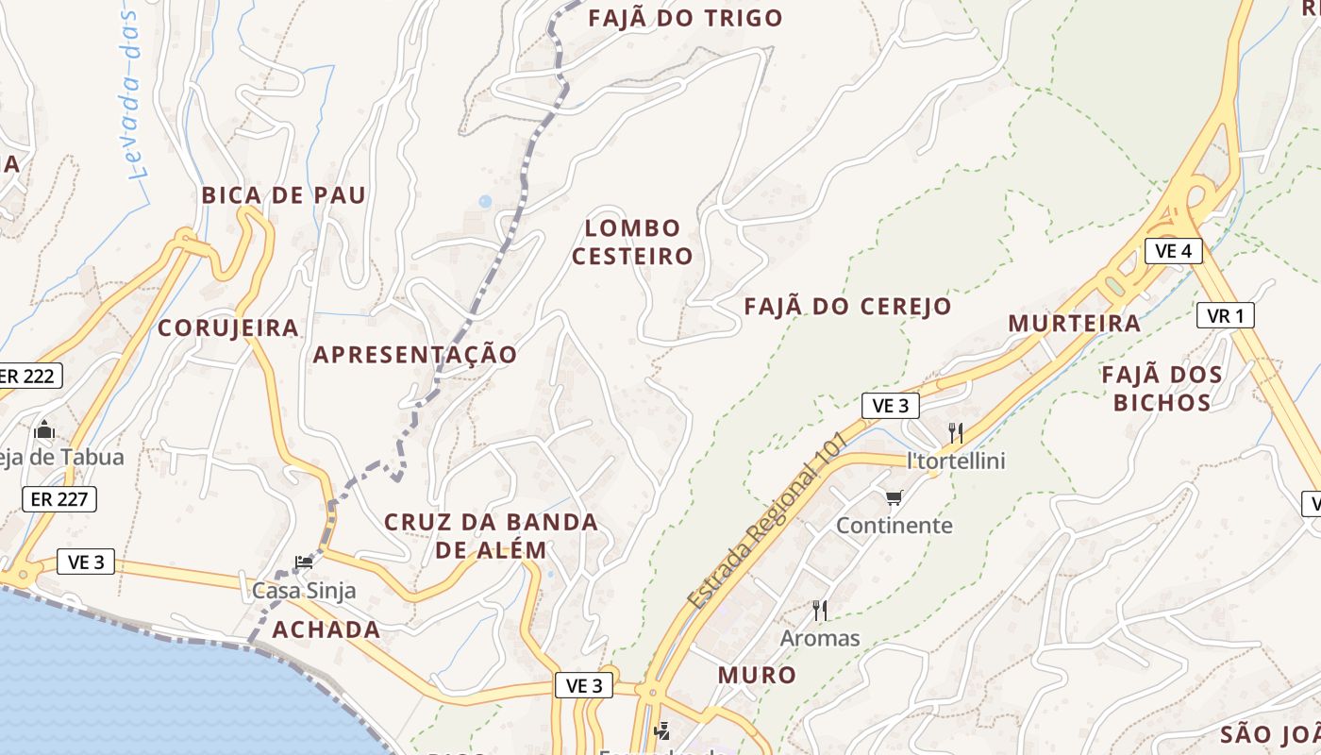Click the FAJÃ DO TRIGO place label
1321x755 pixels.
685,18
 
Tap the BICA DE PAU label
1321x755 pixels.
283,195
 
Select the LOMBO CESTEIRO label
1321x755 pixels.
632,242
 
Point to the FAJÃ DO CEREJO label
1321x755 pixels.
847,307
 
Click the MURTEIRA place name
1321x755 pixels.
1074,324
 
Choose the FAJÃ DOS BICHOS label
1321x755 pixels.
1162,389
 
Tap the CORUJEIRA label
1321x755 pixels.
227,328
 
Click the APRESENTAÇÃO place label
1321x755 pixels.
415,355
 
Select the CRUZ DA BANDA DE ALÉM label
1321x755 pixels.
491,536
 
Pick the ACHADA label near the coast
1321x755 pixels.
326,630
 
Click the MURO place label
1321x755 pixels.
757,675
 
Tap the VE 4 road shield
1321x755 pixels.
1174,251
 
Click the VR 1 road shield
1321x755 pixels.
1226,315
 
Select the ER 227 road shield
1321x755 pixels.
59,499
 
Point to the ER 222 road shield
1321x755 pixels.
28,376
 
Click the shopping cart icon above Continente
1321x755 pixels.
894,497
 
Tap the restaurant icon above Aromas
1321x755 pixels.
819,611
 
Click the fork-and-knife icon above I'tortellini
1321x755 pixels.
956,433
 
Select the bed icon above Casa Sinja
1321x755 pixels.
304,562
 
